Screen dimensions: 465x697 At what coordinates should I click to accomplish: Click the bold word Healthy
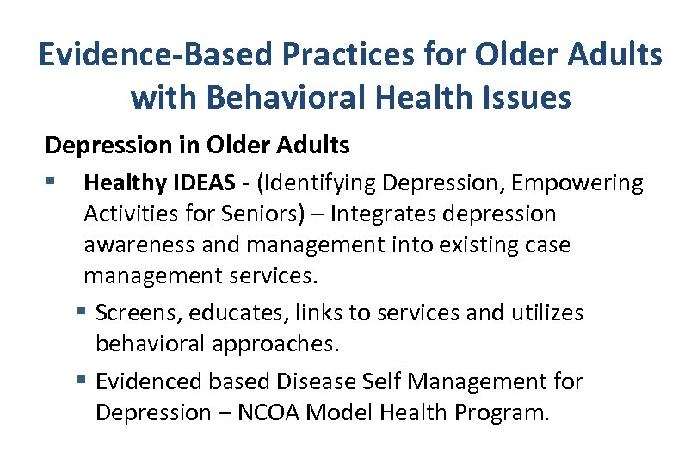(x=126, y=183)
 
